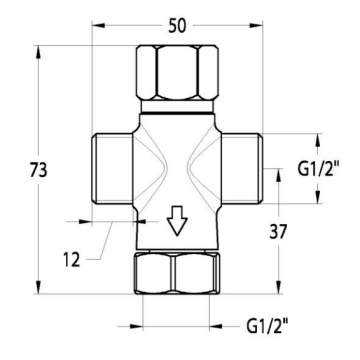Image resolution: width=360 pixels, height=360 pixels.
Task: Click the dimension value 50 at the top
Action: click(x=177, y=26)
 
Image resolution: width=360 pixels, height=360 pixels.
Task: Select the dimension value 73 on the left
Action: click(x=39, y=170)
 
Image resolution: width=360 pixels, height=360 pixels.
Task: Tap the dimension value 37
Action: click(x=278, y=231)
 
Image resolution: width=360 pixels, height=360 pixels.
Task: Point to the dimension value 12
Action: click(x=72, y=259)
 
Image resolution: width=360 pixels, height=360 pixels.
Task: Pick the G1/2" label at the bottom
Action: click(x=267, y=326)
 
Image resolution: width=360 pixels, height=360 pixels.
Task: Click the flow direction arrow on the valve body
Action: click(x=177, y=221)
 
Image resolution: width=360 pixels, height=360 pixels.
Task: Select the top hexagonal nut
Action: click(x=177, y=72)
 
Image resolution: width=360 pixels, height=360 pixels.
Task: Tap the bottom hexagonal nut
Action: click(x=178, y=273)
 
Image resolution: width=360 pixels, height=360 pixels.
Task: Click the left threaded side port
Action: click(x=112, y=168)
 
